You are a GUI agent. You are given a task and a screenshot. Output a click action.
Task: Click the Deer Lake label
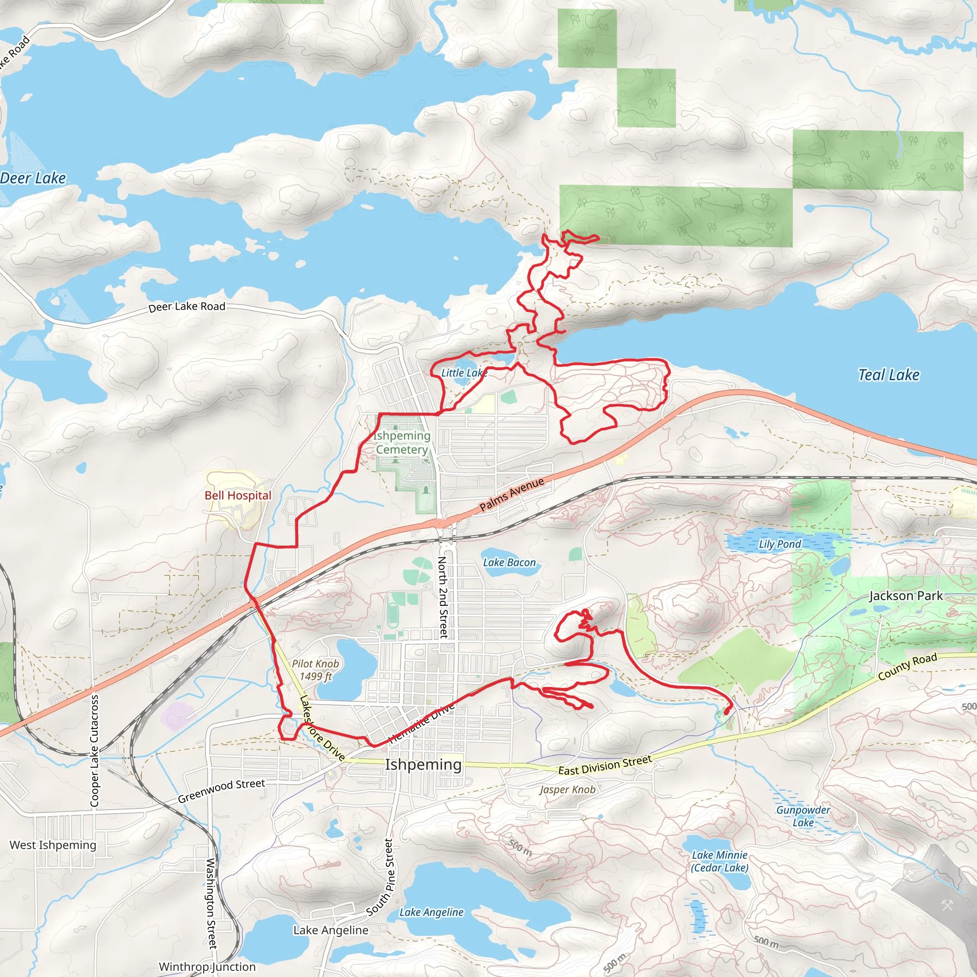[x=33, y=178]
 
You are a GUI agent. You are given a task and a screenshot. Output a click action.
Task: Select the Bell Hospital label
[x=238, y=495]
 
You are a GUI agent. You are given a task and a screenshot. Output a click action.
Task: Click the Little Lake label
[x=464, y=373]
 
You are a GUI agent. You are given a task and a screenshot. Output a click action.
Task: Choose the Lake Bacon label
[x=509, y=562]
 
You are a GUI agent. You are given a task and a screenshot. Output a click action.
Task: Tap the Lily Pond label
[x=780, y=544]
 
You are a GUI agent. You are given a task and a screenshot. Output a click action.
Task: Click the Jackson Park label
[x=906, y=596]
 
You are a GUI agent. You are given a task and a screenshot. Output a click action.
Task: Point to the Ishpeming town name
[x=423, y=764]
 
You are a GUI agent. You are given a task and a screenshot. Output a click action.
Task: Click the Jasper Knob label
[x=567, y=790]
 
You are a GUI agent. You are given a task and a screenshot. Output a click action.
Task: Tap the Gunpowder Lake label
[x=803, y=816]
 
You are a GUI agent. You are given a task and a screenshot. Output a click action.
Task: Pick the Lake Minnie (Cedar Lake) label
[x=719, y=861]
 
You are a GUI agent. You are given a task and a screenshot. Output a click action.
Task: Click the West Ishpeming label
[x=52, y=845]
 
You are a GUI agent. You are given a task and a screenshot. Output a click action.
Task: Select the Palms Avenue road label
[x=511, y=494]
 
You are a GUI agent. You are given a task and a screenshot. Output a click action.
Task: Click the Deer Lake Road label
[x=187, y=307]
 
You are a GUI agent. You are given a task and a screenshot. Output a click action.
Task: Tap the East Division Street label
[x=605, y=765]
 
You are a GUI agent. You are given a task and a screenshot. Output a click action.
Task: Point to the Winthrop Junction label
[x=207, y=967]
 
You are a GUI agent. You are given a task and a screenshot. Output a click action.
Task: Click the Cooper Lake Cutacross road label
[x=94, y=750]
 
